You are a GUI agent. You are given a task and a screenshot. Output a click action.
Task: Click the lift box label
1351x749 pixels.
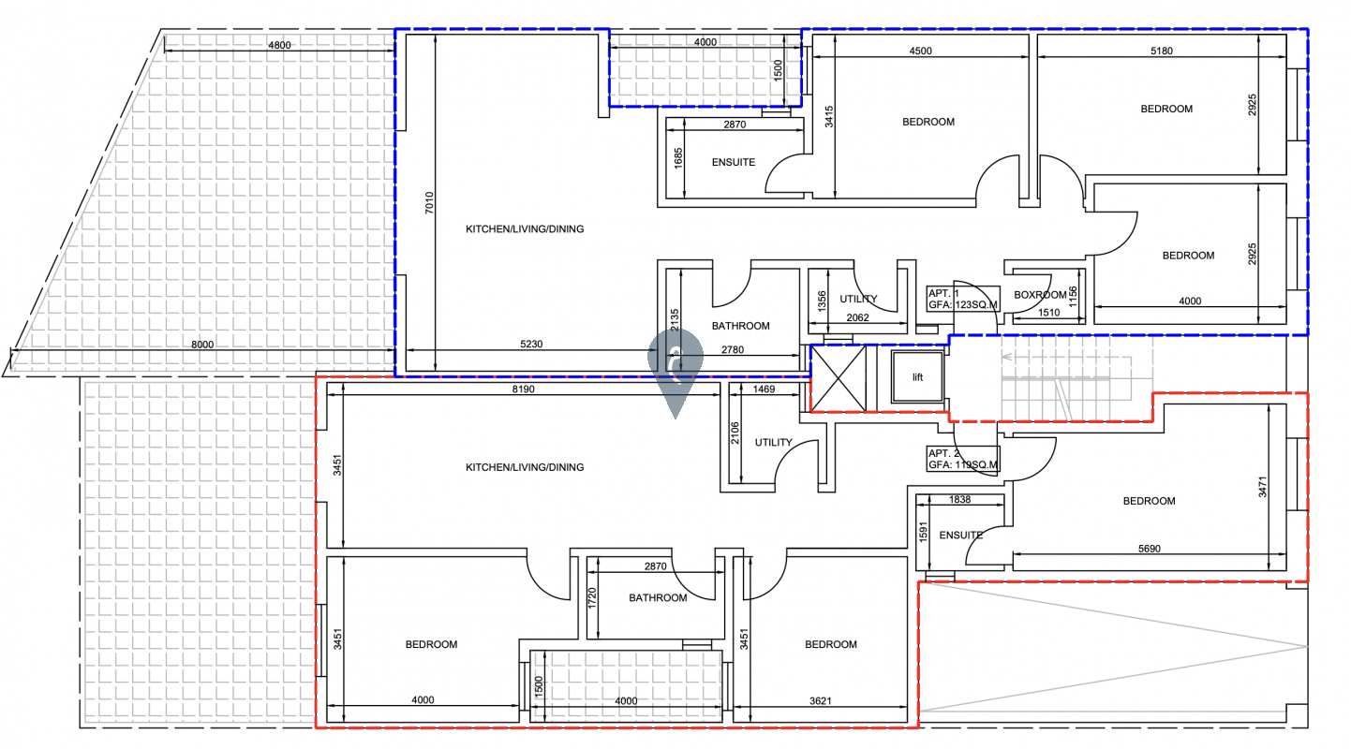coord(917,378)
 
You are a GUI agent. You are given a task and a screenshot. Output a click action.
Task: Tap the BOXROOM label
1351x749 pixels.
coord(1040,295)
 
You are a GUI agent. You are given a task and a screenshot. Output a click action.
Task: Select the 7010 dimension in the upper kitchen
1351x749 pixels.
coord(429,202)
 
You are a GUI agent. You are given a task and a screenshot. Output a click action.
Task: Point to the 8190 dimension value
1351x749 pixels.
coord(523,389)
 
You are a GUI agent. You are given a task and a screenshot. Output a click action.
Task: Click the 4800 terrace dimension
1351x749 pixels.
coord(279,45)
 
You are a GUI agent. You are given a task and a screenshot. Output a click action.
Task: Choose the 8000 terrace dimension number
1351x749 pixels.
coord(202,345)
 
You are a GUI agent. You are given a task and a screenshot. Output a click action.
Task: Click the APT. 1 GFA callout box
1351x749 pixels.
coord(963,299)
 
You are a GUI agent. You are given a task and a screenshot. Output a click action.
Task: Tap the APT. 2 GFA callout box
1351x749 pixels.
coord(963,459)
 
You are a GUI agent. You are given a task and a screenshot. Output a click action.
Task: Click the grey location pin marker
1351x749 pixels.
coord(675,368)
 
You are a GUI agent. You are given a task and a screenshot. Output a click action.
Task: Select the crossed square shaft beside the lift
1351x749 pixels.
coord(838,378)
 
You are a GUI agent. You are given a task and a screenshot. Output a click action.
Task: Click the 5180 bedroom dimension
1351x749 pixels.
coord(1162,51)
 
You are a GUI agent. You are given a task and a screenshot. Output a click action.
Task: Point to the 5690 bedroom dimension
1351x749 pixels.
coord(1149,549)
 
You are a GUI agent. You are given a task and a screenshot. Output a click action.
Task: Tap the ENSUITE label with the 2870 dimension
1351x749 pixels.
coord(734,163)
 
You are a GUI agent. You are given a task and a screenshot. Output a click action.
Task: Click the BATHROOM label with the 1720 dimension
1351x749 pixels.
coord(658,597)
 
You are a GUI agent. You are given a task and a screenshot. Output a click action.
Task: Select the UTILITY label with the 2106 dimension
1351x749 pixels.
coord(774,443)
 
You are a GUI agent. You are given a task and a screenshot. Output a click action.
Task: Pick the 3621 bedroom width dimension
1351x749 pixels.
coord(821,701)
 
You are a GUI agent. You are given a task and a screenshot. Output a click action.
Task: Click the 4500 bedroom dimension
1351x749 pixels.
coord(920,51)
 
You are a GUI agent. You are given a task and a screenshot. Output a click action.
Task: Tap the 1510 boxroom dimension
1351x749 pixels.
coord(1048,313)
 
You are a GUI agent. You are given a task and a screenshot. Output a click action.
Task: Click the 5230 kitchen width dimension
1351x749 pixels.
coord(531,345)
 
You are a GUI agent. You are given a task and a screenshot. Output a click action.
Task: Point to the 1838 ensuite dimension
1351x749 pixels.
coord(959,500)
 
